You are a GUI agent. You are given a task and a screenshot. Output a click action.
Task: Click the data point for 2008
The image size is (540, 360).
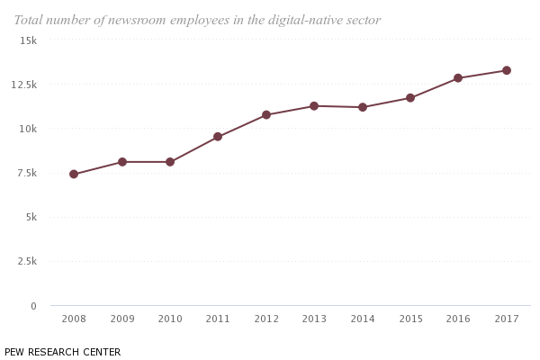74,175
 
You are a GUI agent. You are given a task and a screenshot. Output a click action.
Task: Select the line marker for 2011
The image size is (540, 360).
218,137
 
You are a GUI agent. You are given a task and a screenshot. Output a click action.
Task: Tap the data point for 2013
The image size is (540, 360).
314,106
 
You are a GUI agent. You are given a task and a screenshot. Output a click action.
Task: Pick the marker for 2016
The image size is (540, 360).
458,78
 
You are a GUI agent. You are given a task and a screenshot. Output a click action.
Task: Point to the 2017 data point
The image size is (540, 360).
507,70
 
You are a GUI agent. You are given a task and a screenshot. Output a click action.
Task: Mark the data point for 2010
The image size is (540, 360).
170,162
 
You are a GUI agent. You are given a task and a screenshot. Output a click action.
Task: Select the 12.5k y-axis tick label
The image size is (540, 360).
21,85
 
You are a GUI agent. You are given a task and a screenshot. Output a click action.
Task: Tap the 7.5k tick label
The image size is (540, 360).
24,173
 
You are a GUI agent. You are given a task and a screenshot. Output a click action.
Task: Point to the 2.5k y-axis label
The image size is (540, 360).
24,262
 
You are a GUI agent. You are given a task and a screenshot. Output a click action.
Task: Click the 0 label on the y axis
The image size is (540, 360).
33,306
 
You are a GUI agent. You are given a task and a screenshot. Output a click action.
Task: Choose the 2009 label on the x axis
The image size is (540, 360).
122,319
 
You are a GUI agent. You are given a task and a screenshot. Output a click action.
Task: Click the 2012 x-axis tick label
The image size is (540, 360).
266,319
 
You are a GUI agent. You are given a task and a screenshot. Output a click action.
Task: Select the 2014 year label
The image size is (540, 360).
363,319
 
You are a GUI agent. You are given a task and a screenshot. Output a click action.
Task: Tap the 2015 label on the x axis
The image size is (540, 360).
410,319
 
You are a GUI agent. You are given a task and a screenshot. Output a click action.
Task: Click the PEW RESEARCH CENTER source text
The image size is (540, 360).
62,352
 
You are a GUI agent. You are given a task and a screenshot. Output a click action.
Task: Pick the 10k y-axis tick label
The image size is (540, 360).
27,129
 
